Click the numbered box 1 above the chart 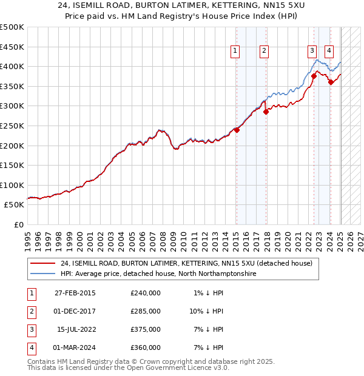tap(235, 51)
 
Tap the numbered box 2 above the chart tap(265, 51)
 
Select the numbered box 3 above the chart tap(311, 51)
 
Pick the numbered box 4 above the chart tap(328, 51)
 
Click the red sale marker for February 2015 tap(237, 130)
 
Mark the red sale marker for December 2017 tap(266, 112)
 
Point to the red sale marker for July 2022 tap(314, 76)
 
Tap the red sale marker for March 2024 tap(331, 82)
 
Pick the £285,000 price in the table tap(146, 311)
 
